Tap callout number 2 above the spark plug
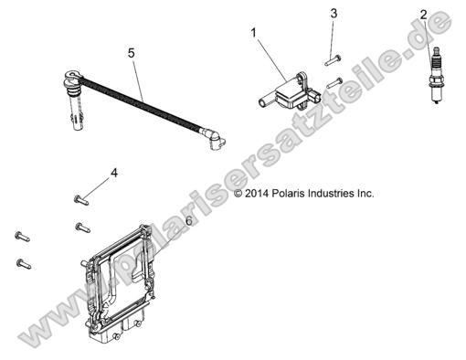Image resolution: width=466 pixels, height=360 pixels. (x=423, y=14)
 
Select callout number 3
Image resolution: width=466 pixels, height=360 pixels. (x=334, y=14)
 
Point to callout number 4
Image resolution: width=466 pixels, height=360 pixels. (x=114, y=173)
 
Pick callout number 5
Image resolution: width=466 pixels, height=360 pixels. (x=132, y=54)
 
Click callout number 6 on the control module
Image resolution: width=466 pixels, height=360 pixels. (x=188, y=221)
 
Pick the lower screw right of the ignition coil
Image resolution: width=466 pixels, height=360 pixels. (x=334, y=82)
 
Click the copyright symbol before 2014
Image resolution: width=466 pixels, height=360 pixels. (x=238, y=194)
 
